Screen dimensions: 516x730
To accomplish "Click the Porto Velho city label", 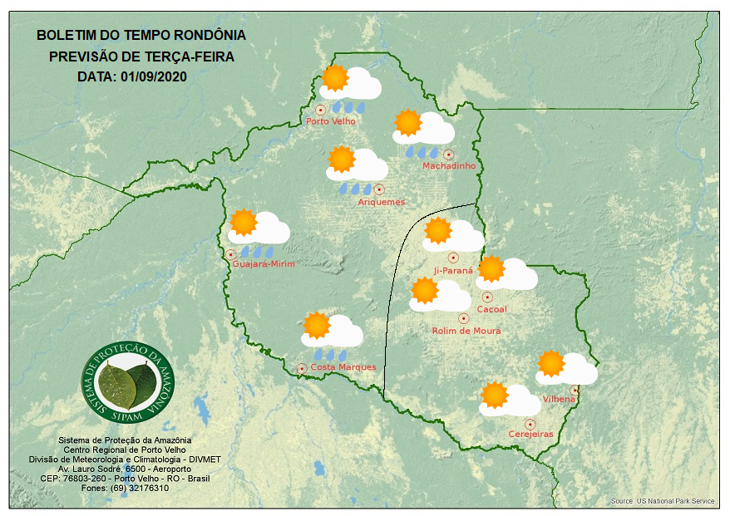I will click(x=331, y=121).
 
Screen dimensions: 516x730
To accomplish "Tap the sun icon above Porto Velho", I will click(x=334, y=78).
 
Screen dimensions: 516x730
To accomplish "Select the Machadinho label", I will click(x=449, y=166).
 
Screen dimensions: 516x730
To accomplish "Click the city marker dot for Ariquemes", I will click(x=380, y=189).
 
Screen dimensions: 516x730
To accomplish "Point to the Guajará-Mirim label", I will click(x=264, y=264).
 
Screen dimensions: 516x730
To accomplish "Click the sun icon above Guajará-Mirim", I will click(x=244, y=223).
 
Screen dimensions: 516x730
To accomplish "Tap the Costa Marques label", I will click(x=343, y=367).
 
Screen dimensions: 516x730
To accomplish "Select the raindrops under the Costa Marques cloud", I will click(x=330, y=354).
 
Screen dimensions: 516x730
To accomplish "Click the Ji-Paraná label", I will click(x=453, y=271).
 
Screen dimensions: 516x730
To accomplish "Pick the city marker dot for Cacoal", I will click(x=487, y=297).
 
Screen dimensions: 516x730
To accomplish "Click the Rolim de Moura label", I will click(x=466, y=331).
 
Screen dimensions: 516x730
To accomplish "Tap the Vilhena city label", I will click(x=559, y=400).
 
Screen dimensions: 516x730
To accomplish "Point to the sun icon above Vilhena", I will click(x=550, y=363).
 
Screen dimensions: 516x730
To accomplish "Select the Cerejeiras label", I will click(x=530, y=434).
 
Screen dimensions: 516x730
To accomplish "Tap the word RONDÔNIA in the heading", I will click(x=210, y=36).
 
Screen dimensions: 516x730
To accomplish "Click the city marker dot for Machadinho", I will click(x=449, y=154).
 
